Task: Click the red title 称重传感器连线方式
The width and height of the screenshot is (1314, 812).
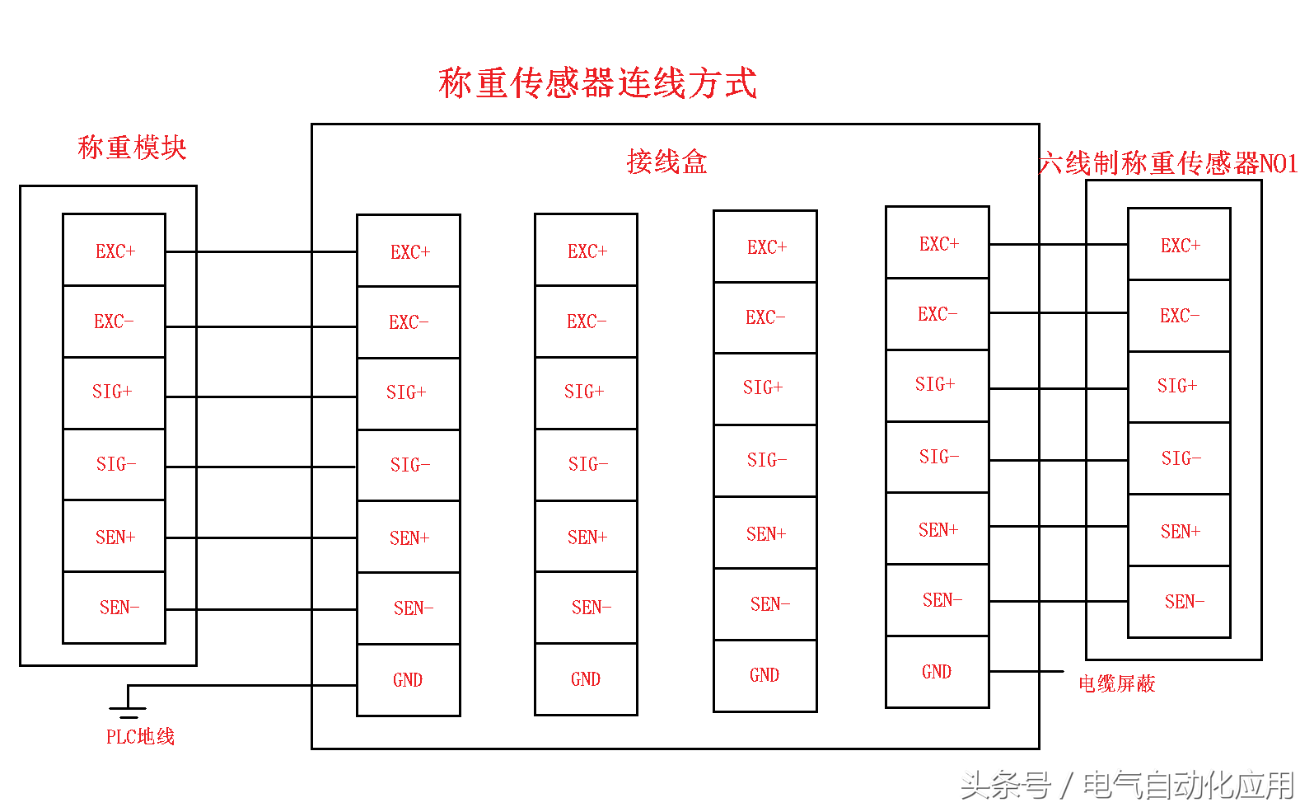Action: [x=597, y=83]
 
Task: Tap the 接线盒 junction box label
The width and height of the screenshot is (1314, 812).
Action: [x=666, y=162]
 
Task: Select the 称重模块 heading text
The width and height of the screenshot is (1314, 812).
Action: [x=132, y=148]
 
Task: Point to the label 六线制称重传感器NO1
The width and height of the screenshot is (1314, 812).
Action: [x=1167, y=163]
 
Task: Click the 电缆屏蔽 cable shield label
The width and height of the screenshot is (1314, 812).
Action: [x=1116, y=683]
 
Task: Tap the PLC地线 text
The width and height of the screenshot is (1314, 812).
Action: [x=140, y=736]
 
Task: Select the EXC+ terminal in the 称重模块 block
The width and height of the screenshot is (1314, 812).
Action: [x=115, y=251]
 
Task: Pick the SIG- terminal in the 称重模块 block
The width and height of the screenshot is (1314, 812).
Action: [x=115, y=464]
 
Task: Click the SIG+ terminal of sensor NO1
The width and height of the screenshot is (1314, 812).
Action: [x=1178, y=386]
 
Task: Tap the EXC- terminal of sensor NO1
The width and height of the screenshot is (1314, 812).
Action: [x=1178, y=316]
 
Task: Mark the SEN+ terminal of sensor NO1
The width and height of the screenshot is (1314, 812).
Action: [x=1178, y=531]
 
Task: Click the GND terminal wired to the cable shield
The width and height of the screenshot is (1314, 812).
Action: [x=937, y=672]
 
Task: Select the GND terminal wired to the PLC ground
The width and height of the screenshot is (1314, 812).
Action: [x=408, y=680]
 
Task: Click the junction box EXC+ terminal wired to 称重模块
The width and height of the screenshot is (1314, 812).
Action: [x=409, y=251]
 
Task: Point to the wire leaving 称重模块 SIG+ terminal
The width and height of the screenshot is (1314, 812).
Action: [x=255, y=397]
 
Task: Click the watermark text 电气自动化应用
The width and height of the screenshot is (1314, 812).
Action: [x=1188, y=785]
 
